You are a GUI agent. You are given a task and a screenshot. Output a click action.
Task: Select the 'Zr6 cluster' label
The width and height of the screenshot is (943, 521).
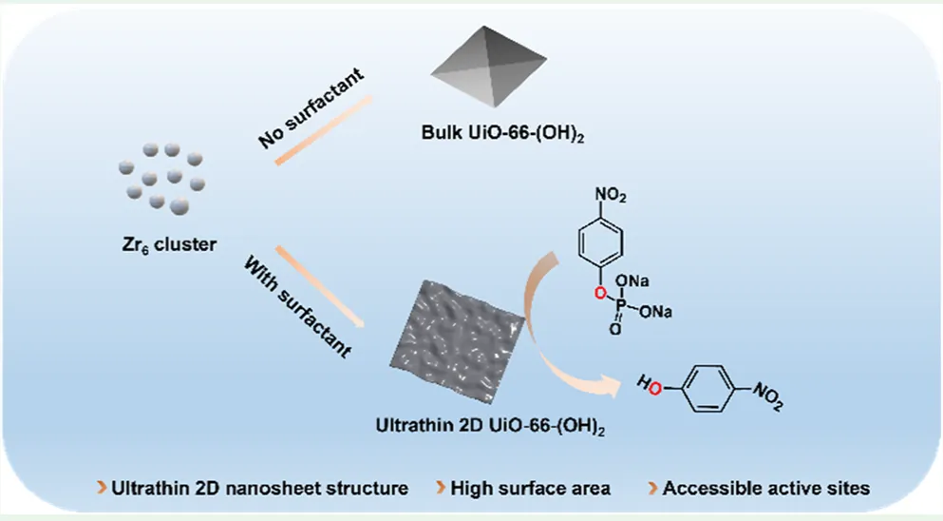tap(161, 244)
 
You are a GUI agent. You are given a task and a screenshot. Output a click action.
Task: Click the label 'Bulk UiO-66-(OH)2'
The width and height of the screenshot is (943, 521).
tap(502, 135)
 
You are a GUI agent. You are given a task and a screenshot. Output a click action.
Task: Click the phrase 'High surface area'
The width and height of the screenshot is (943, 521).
tap(531, 489)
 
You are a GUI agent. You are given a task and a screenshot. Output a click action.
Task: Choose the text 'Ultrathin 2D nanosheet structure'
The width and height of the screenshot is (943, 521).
tap(260, 489)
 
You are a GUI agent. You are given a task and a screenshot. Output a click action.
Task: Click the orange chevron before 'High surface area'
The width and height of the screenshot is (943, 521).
tap(441, 489)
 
